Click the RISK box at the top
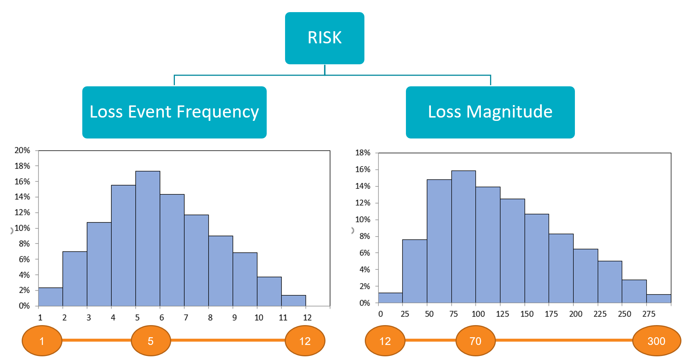(324, 38)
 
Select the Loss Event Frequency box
(174, 112)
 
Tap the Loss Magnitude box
(490, 112)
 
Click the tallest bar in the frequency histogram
(148, 239)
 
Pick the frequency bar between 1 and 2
(50, 297)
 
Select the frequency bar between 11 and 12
(294, 300)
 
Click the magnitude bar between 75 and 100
(463, 237)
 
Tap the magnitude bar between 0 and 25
(390, 298)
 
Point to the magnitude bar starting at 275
(658, 299)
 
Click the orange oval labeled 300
(656, 341)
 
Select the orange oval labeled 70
(475, 341)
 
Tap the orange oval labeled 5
(151, 341)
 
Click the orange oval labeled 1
(42, 341)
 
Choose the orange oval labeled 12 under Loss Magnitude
(385, 341)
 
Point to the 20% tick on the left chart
(22, 150)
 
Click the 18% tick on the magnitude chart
(363, 153)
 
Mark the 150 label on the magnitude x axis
(527, 314)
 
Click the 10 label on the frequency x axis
(259, 318)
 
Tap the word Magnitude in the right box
(509, 112)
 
